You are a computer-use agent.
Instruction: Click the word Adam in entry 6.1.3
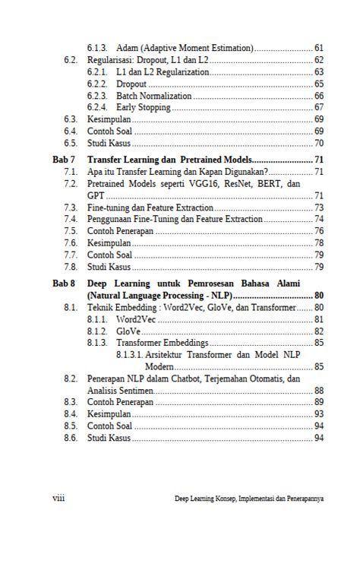128,48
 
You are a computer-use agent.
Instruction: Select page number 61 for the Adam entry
319,48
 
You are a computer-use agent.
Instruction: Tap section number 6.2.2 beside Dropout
96,84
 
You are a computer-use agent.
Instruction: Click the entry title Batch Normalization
154,96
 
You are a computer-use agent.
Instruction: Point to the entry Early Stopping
144,108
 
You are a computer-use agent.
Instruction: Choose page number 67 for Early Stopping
319,108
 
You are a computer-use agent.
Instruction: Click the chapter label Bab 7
64,160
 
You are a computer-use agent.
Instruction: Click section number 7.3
71,207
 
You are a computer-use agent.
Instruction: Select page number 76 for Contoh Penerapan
319,231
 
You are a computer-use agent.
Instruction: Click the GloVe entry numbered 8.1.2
128,331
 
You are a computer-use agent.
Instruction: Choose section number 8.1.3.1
130,355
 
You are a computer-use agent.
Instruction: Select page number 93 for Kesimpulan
319,413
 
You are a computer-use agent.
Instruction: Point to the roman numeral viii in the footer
58,499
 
